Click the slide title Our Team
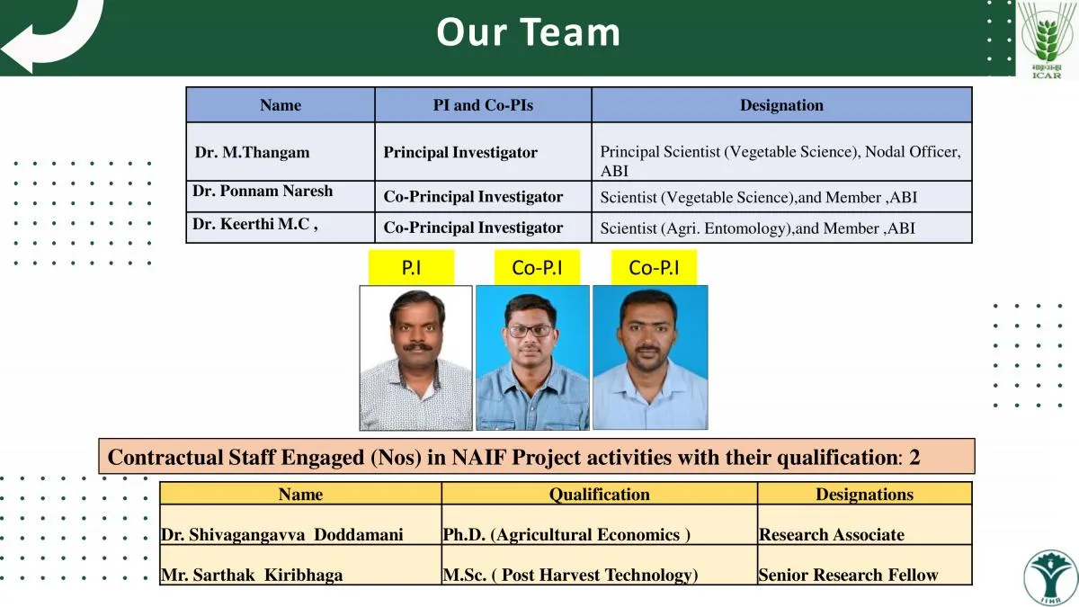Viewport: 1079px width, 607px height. tap(528, 32)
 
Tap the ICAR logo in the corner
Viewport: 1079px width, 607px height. tap(1047, 40)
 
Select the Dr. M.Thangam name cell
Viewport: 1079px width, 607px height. tap(281, 152)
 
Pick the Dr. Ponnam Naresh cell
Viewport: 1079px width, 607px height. tap(281, 197)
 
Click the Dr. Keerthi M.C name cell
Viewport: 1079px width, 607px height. tap(281, 228)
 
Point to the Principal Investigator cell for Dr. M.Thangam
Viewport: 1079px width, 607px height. tap(483, 152)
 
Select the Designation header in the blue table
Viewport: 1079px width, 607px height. tap(781, 105)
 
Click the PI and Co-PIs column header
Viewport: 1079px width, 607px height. tap(483, 105)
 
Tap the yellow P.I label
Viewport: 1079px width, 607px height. tap(412, 267)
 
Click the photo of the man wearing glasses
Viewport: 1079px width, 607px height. tap(532, 358)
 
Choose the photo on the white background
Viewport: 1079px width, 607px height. tap(415, 358)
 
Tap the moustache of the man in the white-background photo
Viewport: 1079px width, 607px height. tap(417, 347)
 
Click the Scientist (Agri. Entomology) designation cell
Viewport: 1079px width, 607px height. tap(781, 228)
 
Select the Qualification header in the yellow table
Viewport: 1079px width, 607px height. tap(599, 495)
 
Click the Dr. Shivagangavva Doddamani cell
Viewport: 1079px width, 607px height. tap(300, 525)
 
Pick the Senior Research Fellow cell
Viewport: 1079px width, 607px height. tap(865, 565)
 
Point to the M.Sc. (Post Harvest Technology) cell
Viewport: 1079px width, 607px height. tap(599, 565)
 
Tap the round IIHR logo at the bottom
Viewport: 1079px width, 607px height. tap(1050, 578)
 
